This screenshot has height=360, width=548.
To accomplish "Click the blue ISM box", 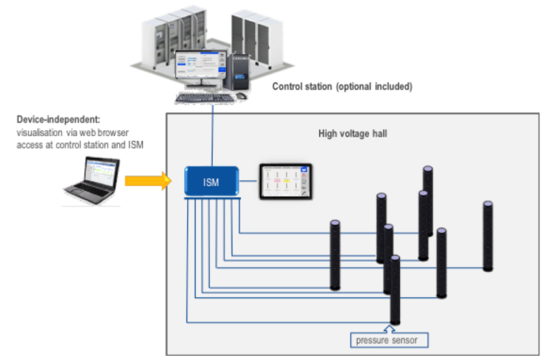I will tap(211, 182).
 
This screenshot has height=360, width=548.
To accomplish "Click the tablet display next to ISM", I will tap(285, 183).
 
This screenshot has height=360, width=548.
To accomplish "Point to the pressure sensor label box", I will tap(390, 341).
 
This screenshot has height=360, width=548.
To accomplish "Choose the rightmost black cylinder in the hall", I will tap(488, 237).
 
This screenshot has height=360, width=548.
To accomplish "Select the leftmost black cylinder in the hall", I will tap(335, 255).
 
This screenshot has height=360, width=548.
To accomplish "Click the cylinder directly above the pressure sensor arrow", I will tap(395, 289).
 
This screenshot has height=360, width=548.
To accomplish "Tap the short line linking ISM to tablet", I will tap(249, 182).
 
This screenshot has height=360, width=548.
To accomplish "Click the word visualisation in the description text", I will tap(38, 132).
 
